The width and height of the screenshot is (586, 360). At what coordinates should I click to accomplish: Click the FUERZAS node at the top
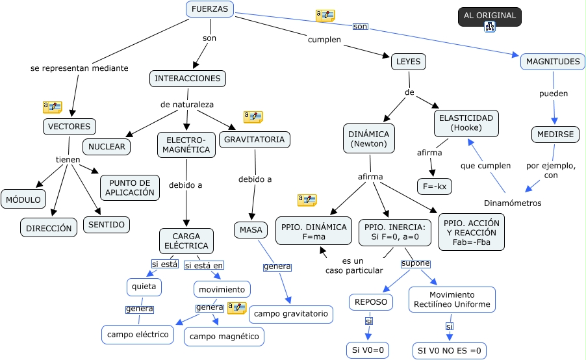click(210, 10)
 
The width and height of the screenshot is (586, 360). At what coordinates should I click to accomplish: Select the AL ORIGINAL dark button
click(489, 16)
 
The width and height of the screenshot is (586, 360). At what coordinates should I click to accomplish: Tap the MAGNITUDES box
click(552, 62)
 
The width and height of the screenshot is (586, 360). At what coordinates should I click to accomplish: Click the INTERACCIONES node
click(187, 79)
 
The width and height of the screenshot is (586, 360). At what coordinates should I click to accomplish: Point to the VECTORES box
click(70, 126)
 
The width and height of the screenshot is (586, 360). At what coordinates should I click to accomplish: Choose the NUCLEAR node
click(107, 147)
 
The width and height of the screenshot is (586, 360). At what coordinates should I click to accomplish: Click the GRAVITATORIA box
click(254, 140)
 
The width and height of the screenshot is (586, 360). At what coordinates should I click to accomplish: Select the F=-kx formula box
click(434, 186)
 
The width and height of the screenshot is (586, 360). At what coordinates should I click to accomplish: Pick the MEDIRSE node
click(554, 135)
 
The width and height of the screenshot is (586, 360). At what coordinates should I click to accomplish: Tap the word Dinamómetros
click(513, 203)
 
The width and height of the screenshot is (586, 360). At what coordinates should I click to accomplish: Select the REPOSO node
click(372, 302)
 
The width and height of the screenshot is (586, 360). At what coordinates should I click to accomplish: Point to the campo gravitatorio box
click(291, 315)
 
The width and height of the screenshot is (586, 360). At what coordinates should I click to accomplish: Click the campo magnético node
click(224, 336)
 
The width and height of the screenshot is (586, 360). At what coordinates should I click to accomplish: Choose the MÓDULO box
click(23, 199)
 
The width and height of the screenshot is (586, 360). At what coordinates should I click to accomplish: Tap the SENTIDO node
click(107, 225)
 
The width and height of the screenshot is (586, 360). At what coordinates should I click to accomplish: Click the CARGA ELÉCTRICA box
click(186, 241)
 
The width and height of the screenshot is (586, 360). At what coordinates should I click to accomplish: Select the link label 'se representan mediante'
click(79, 68)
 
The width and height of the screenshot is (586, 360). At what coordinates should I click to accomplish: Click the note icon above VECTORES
click(52, 107)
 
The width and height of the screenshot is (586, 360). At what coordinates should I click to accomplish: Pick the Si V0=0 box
click(368, 350)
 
